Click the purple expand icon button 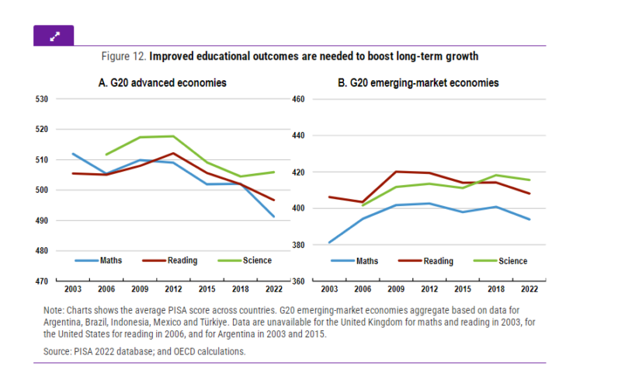pos(54,35)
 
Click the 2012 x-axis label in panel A pos(172,288)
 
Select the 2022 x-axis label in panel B pos(530,288)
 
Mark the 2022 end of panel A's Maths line pos(273,217)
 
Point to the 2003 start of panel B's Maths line pos(329,242)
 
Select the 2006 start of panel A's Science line pos(106,154)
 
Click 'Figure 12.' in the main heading pos(123,57)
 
